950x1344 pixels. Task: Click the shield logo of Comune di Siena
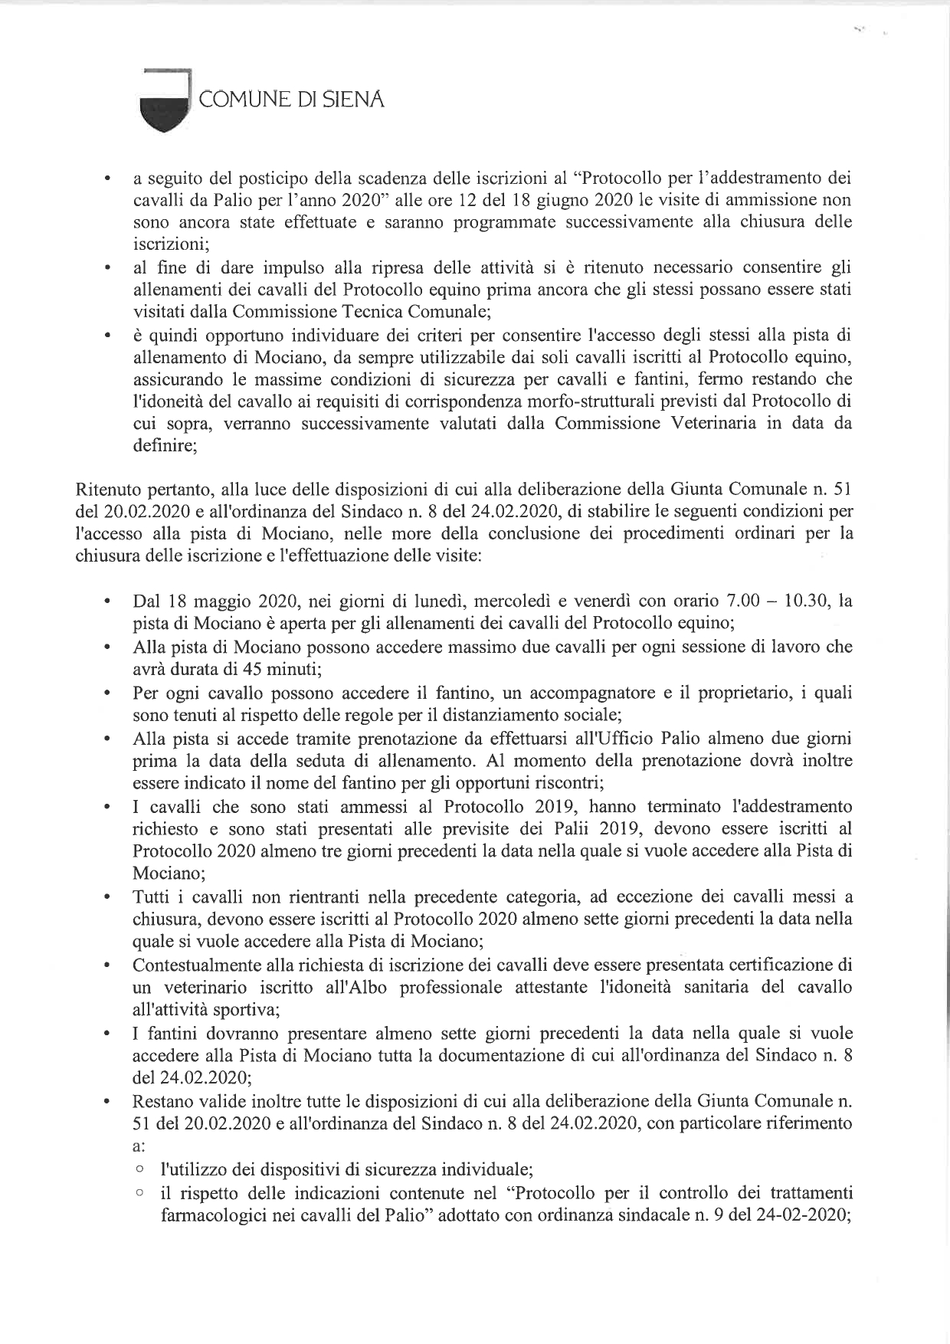(164, 104)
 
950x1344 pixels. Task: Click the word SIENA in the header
(353, 100)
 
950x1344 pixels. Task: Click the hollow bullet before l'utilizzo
(139, 1169)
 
